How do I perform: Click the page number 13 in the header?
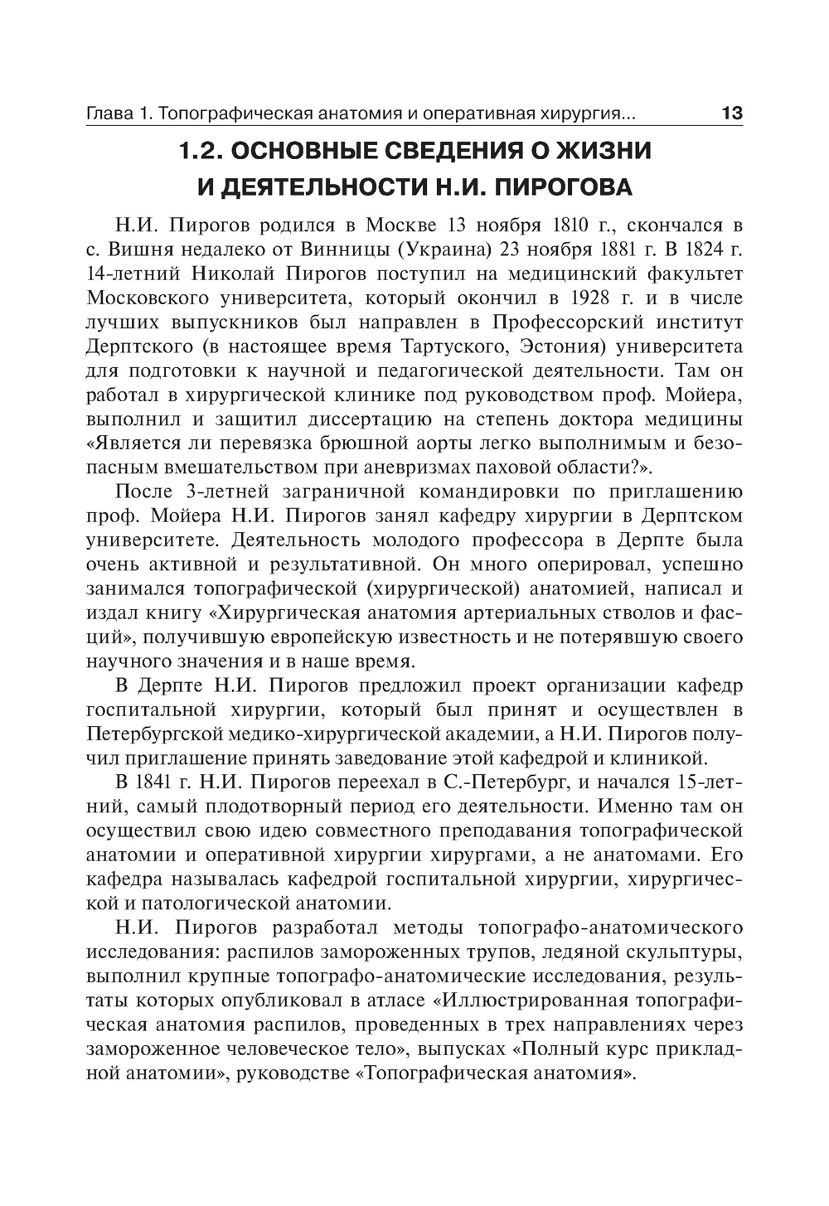click(732, 113)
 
